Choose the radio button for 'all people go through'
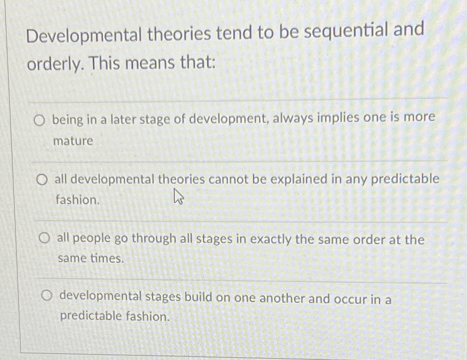45,239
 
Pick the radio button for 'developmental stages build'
47,296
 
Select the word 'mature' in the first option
73,141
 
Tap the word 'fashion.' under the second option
77,201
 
